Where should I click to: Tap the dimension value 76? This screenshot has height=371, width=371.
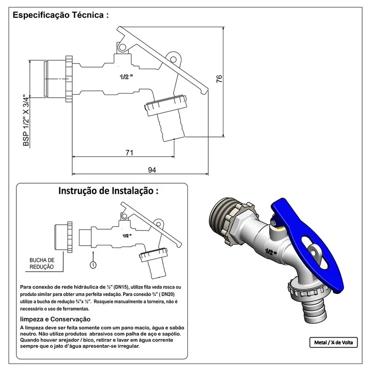[219, 78]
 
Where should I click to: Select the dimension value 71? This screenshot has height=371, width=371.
[129, 153]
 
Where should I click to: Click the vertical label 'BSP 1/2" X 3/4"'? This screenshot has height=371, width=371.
[26, 120]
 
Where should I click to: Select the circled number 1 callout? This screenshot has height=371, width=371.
[93, 265]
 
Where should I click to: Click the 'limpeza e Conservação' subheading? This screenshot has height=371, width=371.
[56, 319]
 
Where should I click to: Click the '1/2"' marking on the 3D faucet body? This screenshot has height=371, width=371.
[270, 253]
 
